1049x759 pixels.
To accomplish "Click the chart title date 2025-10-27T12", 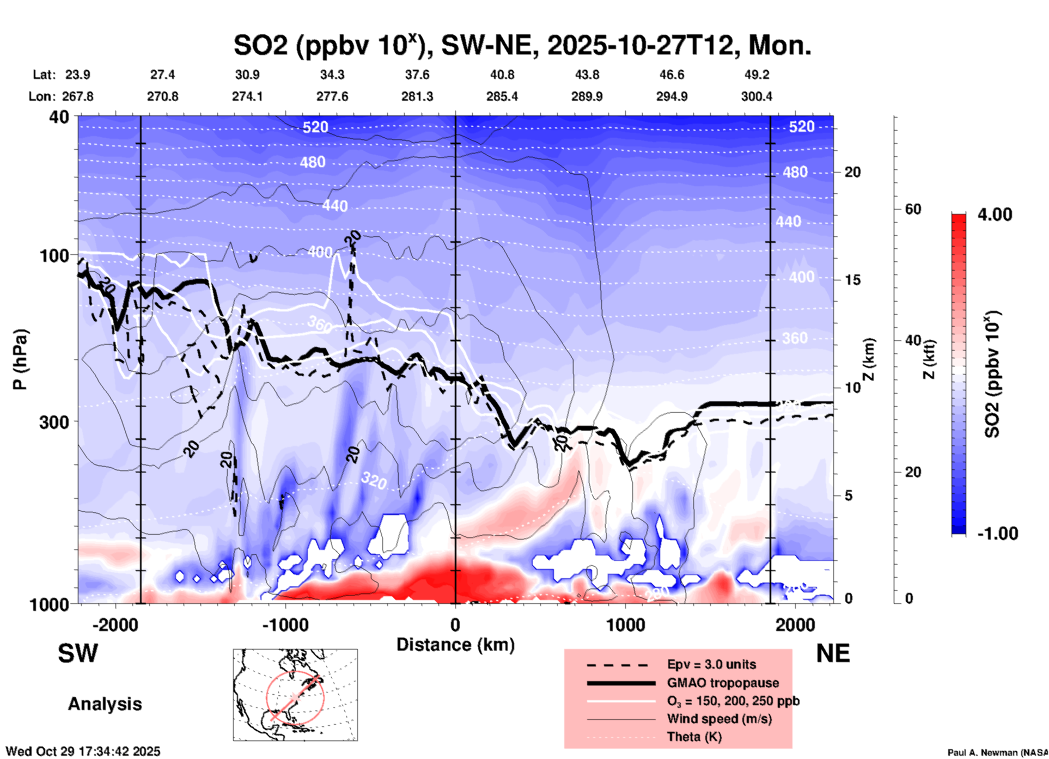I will (641, 46).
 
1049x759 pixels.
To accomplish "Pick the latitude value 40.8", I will (502, 75).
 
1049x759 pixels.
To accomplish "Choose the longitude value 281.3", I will (417, 96).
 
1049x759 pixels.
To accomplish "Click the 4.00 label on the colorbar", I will (995, 215).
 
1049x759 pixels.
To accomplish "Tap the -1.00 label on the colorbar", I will (997, 534).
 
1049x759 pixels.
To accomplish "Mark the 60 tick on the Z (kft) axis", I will (913, 209).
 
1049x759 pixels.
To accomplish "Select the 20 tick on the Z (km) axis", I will (852, 173).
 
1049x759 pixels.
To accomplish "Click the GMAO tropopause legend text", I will (723, 683).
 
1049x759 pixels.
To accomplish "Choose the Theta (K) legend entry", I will (694, 737).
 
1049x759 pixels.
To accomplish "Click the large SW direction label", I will (78, 653).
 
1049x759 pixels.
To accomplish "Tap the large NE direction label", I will (833, 653).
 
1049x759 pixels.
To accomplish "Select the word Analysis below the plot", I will (105, 704).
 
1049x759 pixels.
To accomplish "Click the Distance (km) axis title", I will (455, 645).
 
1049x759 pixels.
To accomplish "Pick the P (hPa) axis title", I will (20, 359).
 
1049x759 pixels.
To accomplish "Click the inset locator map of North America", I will (295, 695).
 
